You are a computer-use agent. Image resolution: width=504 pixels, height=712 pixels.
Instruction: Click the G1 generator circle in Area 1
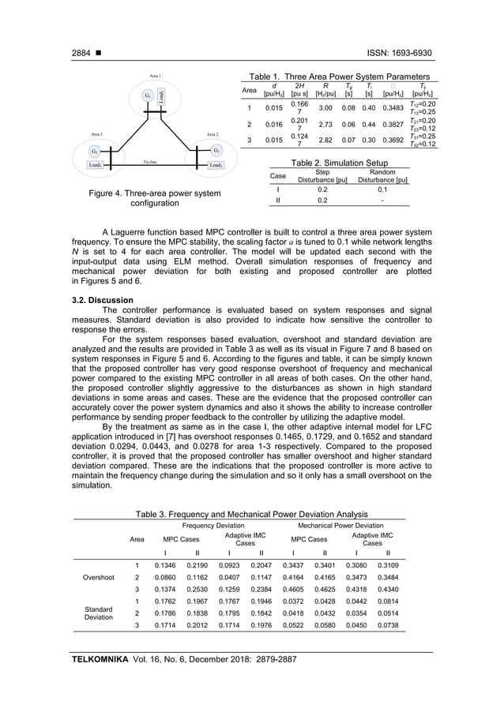[148, 96]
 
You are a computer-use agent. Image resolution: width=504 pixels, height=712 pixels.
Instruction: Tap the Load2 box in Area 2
[215, 165]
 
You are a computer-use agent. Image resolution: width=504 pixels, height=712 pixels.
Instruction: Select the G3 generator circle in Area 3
[95, 151]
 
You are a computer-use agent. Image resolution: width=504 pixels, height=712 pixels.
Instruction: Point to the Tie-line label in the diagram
[151, 163]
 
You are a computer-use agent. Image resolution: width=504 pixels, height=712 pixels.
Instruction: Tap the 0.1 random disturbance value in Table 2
[382, 189]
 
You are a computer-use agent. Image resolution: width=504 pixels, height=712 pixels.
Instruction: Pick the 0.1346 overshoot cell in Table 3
[165, 565]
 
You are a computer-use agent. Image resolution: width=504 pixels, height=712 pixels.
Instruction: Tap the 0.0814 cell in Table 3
[389, 603]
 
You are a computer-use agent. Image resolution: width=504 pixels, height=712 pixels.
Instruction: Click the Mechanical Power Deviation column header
[340, 525]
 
